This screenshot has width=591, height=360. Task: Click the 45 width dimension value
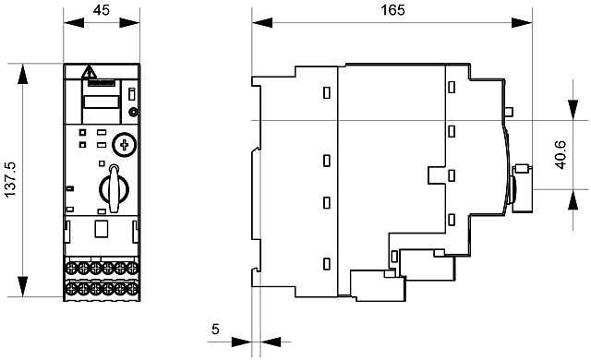click(102, 10)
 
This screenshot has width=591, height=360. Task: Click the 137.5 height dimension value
click(10, 179)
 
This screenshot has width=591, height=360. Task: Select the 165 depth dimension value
click(392, 10)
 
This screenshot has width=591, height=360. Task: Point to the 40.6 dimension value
click(561, 154)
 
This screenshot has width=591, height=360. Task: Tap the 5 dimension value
click(215, 330)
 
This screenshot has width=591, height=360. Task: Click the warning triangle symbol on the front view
click(90, 72)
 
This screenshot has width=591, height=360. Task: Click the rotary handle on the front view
click(115, 188)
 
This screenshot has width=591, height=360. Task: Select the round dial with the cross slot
click(124, 144)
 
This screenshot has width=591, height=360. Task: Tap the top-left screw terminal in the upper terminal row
click(71, 269)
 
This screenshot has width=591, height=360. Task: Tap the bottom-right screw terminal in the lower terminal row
click(132, 289)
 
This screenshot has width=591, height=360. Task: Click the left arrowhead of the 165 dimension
click(262, 22)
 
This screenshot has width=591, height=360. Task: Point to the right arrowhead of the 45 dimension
click(129, 22)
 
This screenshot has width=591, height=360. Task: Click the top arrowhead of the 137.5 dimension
click(22, 74)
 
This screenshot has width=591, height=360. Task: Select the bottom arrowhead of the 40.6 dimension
click(573, 199)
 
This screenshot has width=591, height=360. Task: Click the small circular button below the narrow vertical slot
click(133, 112)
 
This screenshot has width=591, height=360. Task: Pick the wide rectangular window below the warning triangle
click(102, 102)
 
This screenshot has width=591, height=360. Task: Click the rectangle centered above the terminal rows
click(101, 229)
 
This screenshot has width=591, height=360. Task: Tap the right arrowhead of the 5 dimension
click(271, 342)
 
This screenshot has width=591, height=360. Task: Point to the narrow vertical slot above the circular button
click(131, 94)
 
